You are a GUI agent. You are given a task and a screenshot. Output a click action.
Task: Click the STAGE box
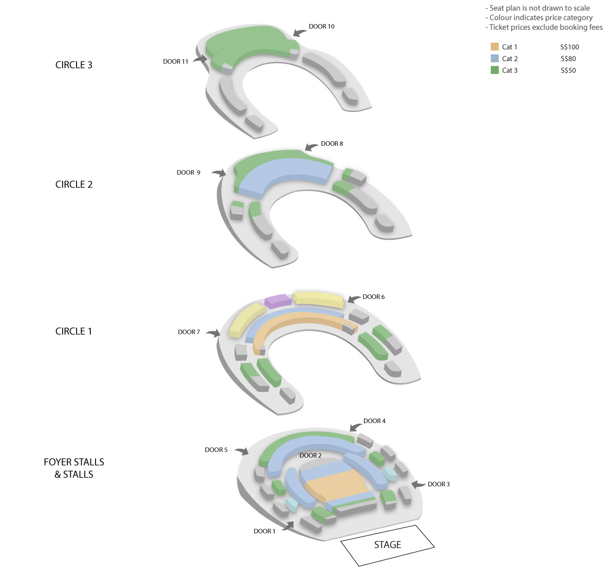(388, 545)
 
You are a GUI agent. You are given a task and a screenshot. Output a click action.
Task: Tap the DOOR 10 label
(321, 27)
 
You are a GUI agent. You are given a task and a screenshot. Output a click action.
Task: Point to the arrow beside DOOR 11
(200, 59)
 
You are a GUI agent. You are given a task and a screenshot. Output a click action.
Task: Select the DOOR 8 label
(332, 143)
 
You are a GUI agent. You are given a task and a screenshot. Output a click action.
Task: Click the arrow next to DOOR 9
(219, 173)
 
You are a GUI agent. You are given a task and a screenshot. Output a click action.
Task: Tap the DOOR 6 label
(373, 297)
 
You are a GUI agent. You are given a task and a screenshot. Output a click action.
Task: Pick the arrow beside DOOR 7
(214, 333)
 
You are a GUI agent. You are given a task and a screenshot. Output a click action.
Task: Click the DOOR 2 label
(311, 455)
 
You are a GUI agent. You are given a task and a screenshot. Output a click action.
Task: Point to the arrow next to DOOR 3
(418, 484)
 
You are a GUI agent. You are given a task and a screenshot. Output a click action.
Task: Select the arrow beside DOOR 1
(288, 526)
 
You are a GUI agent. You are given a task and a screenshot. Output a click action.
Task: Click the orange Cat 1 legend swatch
(494, 47)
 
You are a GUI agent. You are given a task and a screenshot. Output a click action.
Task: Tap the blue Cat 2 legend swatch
(494, 59)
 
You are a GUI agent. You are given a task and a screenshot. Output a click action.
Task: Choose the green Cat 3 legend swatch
(494, 70)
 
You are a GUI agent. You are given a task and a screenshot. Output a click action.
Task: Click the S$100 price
(569, 47)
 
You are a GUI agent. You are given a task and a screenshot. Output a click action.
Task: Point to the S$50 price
(568, 70)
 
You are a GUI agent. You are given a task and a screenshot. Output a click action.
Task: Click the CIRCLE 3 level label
(74, 65)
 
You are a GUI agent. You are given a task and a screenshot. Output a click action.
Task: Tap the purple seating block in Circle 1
(278, 301)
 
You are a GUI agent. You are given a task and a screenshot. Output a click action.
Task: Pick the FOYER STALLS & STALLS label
(74, 468)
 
